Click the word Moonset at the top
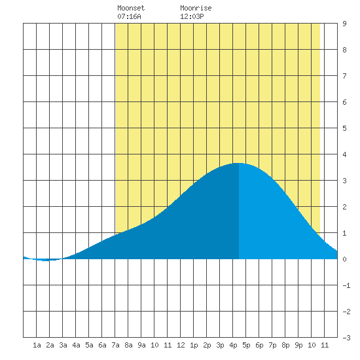[131, 8]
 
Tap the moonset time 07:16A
[129, 16]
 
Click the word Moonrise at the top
[196, 8]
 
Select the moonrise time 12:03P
[192, 16]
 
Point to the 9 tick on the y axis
[344, 24]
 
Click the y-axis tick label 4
[344, 154]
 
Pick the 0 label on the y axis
[344, 259]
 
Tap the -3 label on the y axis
[346, 338]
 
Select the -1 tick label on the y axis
[346, 285]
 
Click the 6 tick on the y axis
[344, 102]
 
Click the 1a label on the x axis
[37, 345]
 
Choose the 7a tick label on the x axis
[115, 345]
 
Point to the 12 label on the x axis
[181, 345]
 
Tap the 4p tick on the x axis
[233, 345]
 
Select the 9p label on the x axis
[298, 345]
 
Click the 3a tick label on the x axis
[63, 345]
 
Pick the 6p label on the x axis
[259, 345]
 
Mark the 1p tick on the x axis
[194, 345]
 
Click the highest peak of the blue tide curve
[239, 163]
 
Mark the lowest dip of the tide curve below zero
[46, 261]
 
